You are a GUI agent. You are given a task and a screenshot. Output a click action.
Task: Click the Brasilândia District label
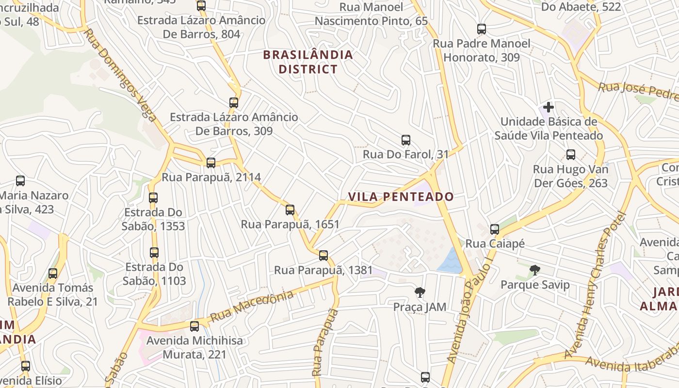pyautogui.click(x=308, y=62)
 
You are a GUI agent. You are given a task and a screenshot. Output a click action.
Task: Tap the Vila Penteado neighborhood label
pyautogui.click(x=401, y=196)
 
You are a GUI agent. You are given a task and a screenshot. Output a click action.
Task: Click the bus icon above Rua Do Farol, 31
pyautogui.click(x=406, y=140)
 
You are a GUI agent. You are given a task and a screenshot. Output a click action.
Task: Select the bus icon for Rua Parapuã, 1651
pyautogui.click(x=290, y=210)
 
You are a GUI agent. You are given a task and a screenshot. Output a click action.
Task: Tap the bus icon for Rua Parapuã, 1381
pyautogui.click(x=323, y=255)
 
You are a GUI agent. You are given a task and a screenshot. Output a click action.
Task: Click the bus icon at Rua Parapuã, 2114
pyautogui.click(x=211, y=162)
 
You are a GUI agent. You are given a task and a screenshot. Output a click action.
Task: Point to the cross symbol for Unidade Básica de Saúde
pyautogui.click(x=549, y=107)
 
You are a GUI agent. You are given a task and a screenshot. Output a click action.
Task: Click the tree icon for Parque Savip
pyautogui.click(x=535, y=270)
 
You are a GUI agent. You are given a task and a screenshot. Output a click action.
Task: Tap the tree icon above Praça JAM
pyautogui.click(x=420, y=292)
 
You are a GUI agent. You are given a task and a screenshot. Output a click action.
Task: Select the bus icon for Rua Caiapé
pyautogui.click(x=495, y=229)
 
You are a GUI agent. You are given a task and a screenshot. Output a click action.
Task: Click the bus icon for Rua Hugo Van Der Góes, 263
pyautogui.click(x=571, y=155)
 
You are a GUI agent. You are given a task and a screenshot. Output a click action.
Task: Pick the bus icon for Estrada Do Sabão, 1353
pyautogui.click(x=153, y=197)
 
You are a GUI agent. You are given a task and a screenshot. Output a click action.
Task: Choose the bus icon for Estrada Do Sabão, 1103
pyautogui.click(x=154, y=252)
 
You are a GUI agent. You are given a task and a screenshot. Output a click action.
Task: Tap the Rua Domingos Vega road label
pyautogui.click(x=120, y=75)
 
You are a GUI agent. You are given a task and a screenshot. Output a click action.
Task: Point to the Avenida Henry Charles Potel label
pyautogui.click(x=593, y=286)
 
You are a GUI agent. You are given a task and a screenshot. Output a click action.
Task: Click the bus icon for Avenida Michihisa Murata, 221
pyautogui.click(x=194, y=326)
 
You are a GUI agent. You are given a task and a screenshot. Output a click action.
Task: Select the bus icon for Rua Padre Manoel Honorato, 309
pyautogui.click(x=482, y=29)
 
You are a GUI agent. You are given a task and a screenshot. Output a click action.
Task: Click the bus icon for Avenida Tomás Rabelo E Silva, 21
pyautogui.click(x=53, y=273)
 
